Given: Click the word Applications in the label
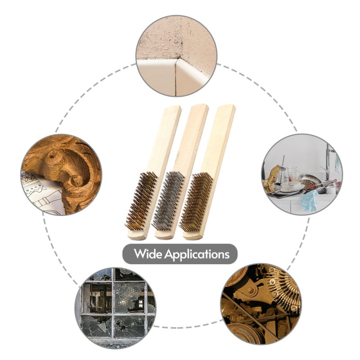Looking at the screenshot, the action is coord(197,255).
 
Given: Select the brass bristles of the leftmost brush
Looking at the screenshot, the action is coord(141,201).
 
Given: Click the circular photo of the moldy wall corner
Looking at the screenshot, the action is coord(176,56).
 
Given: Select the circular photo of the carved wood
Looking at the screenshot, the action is coord(61,175).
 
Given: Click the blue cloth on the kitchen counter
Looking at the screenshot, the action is coord(310,200).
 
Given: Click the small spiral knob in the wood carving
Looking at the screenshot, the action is coord(76,181).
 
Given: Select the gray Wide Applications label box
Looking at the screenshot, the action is coord(180,254).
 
